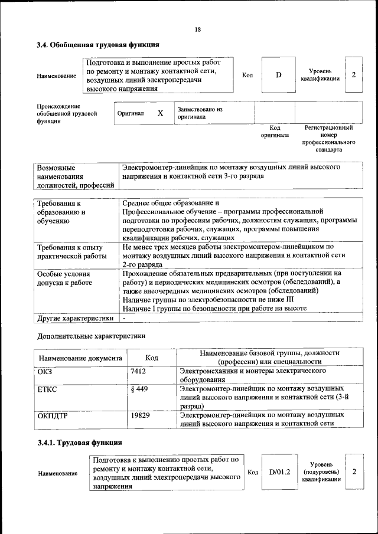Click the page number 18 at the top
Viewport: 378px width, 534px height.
pos(198,30)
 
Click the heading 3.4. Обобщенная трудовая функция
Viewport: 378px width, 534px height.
pos(97,45)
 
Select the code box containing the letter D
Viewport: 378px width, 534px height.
pos(278,75)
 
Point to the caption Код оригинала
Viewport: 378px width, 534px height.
pos(275,131)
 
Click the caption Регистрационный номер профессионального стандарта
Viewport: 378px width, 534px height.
pos(328,139)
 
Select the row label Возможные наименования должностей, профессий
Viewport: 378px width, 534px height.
pos(75,176)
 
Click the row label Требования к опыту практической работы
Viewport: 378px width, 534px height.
pos(71,252)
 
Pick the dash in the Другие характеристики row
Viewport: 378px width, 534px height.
pos(125,318)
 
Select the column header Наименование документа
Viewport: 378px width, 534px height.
pos(80,358)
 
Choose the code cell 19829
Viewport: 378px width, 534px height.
pos(141,416)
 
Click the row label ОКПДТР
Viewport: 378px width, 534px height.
pos(53,416)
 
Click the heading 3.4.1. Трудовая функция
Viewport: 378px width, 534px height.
pos(79,443)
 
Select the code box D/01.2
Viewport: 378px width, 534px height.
pos(279,472)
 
